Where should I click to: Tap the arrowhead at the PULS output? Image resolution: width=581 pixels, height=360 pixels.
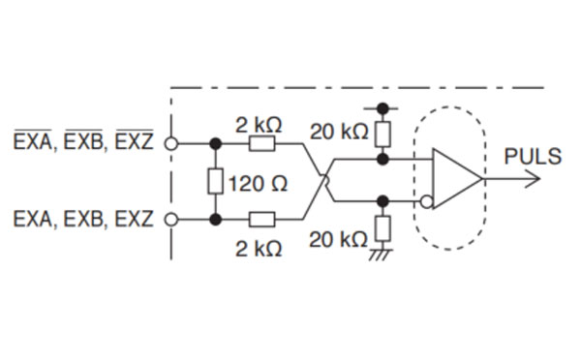[x=531, y=180]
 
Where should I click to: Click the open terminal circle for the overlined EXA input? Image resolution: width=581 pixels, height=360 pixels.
[x=174, y=143]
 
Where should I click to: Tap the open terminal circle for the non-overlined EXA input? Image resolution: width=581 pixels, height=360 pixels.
[x=174, y=219]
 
